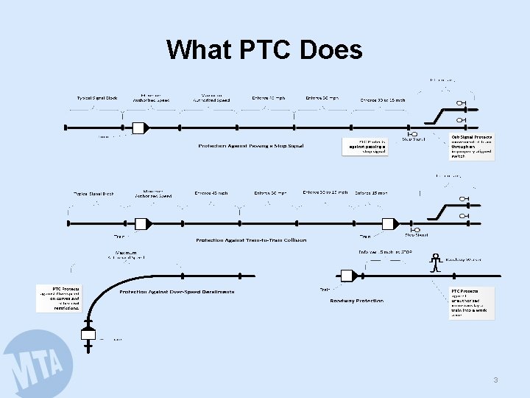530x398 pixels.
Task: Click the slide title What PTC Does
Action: coord(264,49)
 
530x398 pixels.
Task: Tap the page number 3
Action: coord(495,380)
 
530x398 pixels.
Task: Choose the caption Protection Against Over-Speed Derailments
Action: coord(188,293)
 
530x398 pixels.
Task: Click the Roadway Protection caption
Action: coord(356,301)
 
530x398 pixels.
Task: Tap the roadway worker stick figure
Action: coord(436,263)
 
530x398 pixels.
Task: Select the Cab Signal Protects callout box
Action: coord(472,147)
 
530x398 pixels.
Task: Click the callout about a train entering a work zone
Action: coord(472,303)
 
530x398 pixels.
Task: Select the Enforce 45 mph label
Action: coord(211,193)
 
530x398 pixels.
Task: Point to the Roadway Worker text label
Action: coord(464,259)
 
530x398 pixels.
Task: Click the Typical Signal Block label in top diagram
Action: coord(97,98)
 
